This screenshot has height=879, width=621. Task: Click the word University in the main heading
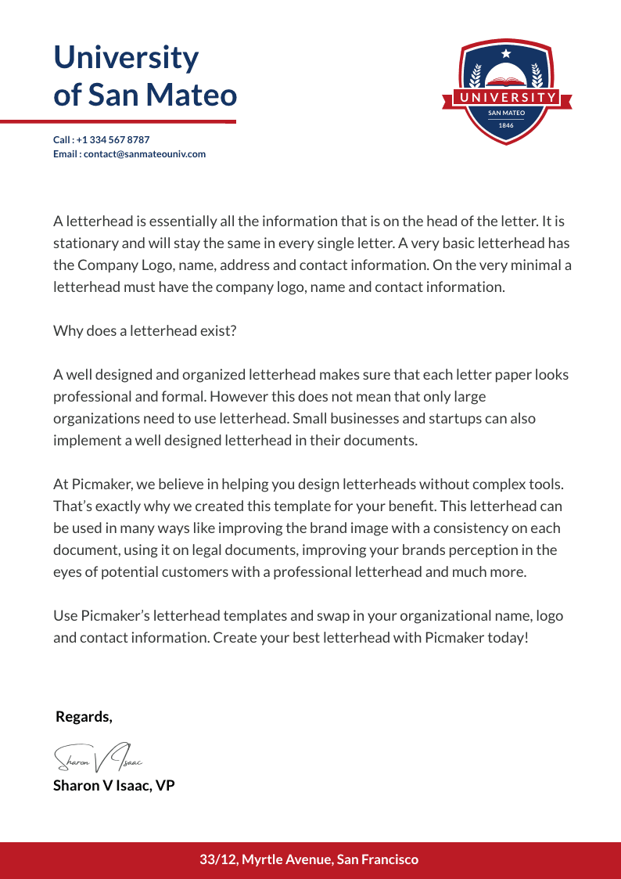pos(126,58)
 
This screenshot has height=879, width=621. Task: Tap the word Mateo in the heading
pos(192,95)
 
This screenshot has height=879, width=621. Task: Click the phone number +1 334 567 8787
pos(113,140)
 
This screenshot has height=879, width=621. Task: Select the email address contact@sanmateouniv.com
pos(145,154)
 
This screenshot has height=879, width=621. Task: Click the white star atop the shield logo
pos(506,53)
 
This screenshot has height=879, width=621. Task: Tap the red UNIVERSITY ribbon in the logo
pos(506,98)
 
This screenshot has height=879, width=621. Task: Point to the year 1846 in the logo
pos(506,125)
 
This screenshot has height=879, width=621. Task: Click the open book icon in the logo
pos(506,81)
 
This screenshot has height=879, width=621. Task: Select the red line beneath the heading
pos(117,121)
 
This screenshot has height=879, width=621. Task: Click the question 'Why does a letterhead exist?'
pos(145,330)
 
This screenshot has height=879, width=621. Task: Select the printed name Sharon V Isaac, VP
pos(113,785)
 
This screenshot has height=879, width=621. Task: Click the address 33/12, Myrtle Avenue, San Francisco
pos(309,859)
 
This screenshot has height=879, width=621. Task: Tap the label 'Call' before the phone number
pos(62,140)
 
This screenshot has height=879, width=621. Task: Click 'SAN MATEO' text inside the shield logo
pos(506,113)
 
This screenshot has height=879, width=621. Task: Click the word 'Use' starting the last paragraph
pos(65,616)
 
